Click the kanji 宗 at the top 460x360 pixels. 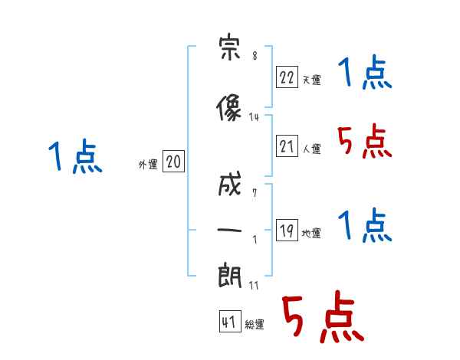pyautogui.click(x=229, y=47)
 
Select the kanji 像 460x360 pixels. pyautogui.click(x=228, y=107)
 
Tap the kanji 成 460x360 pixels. pyautogui.click(x=229, y=184)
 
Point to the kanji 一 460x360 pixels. pyautogui.click(x=229, y=230)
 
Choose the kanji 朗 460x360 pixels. pyautogui.click(x=229, y=276)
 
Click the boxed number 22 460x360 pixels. pyautogui.click(x=287, y=77)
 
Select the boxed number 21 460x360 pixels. pyautogui.click(x=287, y=146)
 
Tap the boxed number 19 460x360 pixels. pyautogui.click(x=287, y=230)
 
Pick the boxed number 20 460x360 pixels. pyautogui.click(x=173, y=161)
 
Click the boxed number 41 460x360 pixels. pyautogui.click(x=230, y=321)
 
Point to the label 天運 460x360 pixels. pyautogui.click(x=311, y=80)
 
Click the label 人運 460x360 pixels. pyautogui.click(x=311, y=149)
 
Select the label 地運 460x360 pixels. pyautogui.click(x=311, y=233)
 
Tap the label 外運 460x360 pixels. pyautogui.click(x=148, y=165)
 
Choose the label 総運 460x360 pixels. pyautogui.click(x=255, y=324)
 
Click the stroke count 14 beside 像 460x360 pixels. pyautogui.click(x=254, y=117)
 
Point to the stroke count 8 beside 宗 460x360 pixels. pyautogui.click(x=255, y=55)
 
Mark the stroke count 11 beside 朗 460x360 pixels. pyautogui.click(x=254, y=285)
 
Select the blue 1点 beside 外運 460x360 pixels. pyautogui.click(x=75, y=156)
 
